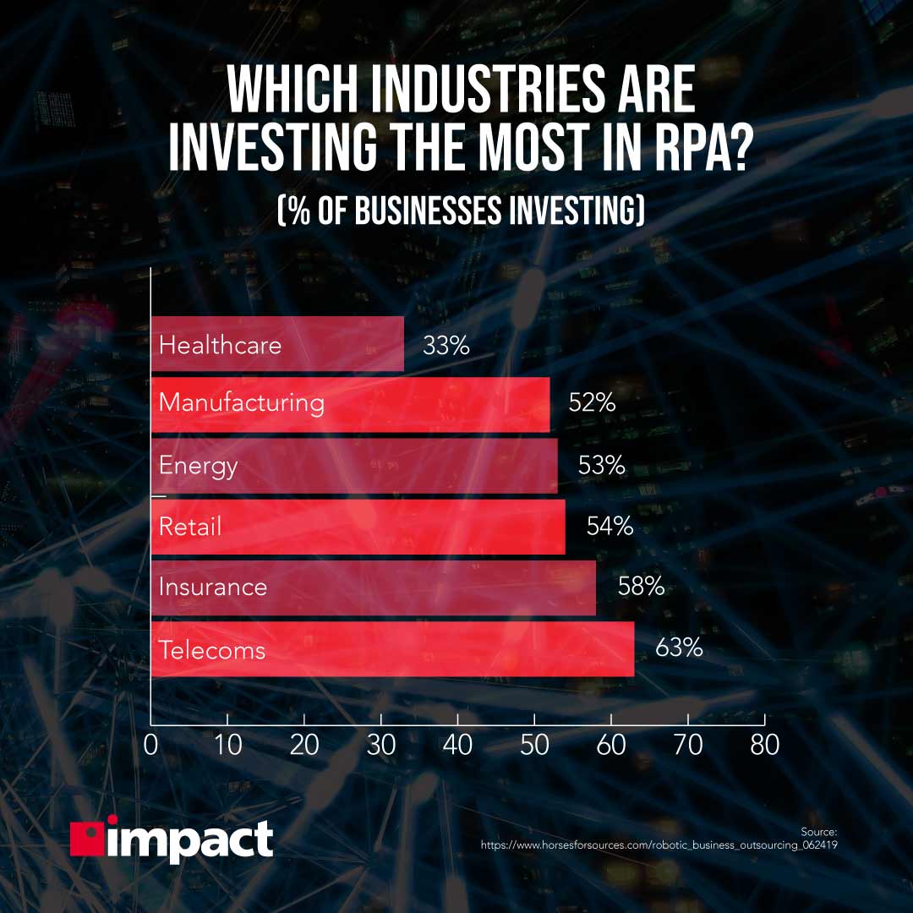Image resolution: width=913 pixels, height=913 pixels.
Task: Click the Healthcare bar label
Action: tap(220, 345)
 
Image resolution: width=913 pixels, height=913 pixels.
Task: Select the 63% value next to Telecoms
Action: tap(679, 648)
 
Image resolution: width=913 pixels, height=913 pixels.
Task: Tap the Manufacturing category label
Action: tap(242, 402)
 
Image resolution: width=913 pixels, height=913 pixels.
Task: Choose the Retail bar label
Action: tap(190, 527)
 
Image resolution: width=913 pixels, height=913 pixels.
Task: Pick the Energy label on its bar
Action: tap(199, 466)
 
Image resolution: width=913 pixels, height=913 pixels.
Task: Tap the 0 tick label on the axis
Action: tap(151, 746)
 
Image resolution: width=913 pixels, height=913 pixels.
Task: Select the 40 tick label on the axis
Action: tap(457, 746)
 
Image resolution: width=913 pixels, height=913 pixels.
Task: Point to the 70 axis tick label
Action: tap(687, 746)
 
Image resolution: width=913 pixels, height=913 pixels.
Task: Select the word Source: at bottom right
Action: tap(818, 832)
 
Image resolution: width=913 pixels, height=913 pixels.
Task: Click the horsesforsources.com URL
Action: tap(659, 845)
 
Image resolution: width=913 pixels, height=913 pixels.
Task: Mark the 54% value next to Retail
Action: tap(610, 527)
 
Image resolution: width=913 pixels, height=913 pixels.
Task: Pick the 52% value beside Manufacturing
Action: tap(592, 402)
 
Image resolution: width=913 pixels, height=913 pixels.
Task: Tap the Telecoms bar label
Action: tap(212, 650)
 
